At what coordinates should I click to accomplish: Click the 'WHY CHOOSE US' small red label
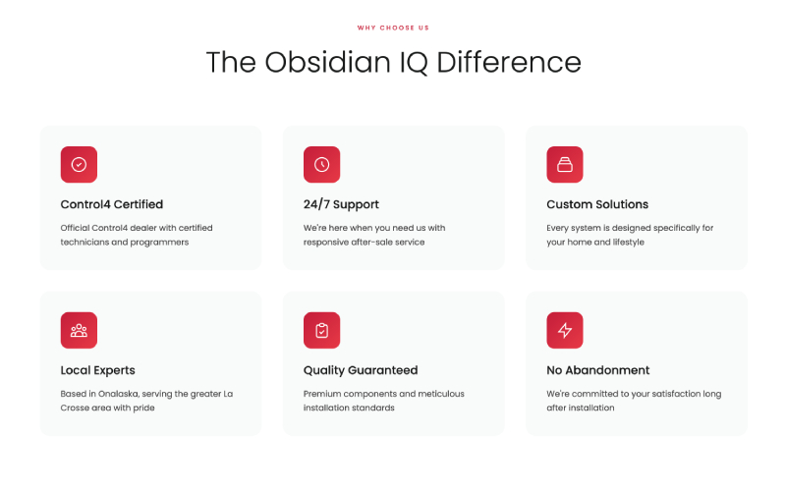pos(393,27)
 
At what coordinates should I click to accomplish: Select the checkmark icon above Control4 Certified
pos(79,165)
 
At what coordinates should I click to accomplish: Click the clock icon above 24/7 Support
pos(321,165)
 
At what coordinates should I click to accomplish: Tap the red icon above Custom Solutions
pos(565,165)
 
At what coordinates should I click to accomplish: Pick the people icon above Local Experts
pos(79,331)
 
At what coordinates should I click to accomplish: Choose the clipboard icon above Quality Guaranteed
pos(321,331)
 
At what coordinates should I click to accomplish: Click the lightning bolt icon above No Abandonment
pos(565,331)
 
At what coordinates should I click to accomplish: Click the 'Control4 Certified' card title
pos(111,204)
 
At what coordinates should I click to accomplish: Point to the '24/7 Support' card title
pos(341,204)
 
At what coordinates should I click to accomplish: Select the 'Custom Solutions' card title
pos(597,204)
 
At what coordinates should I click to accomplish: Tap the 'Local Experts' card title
pos(97,370)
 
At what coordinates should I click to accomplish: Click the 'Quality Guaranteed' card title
pos(361,370)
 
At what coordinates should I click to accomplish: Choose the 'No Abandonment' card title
pos(597,370)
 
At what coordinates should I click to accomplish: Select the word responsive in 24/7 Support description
pos(327,242)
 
